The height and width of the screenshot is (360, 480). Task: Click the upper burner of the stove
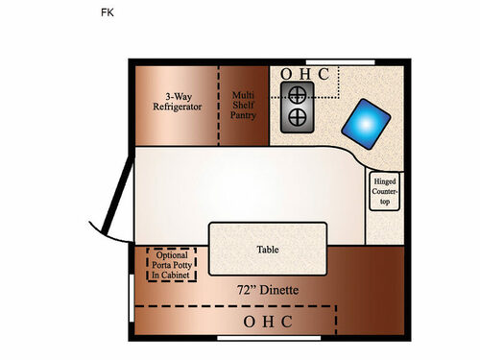pyautogui.click(x=298, y=94)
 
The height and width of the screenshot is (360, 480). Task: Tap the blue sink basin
pyautogui.click(x=369, y=123)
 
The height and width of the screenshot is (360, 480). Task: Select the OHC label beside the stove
pyautogui.click(x=304, y=74)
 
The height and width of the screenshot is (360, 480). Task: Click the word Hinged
pyautogui.click(x=384, y=180)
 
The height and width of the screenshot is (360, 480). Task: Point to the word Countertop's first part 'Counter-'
pyautogui.click(x=384, y=192)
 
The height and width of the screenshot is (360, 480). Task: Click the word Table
pyautogui.click(x=268, y=250)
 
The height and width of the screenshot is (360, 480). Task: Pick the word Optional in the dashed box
pyautogui.click(x=171, y=254)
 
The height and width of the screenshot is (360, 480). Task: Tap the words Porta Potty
pyautogui.click(x=171, y=265)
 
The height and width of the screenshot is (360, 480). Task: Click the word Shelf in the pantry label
pyautogui.click(x=244, y=107)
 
